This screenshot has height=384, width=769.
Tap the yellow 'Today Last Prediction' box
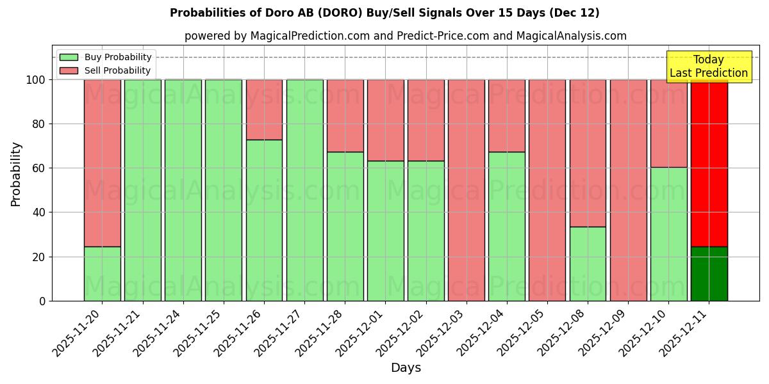tap(708, 67)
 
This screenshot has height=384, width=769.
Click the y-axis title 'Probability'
tap(16, 174)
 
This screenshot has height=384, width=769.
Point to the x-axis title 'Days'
tap(406, 368)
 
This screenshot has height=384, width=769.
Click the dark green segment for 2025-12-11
tap(709, 274)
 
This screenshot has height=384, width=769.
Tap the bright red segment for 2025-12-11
tap(709, 163)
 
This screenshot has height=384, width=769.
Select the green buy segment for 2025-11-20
tap(102, 274)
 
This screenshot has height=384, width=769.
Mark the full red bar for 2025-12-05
tap(547, 190)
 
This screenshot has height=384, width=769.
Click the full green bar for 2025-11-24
tap(183, 190)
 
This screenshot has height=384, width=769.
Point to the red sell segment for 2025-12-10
tap(668, 124)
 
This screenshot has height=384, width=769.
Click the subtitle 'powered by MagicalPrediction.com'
tap(405, 36)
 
